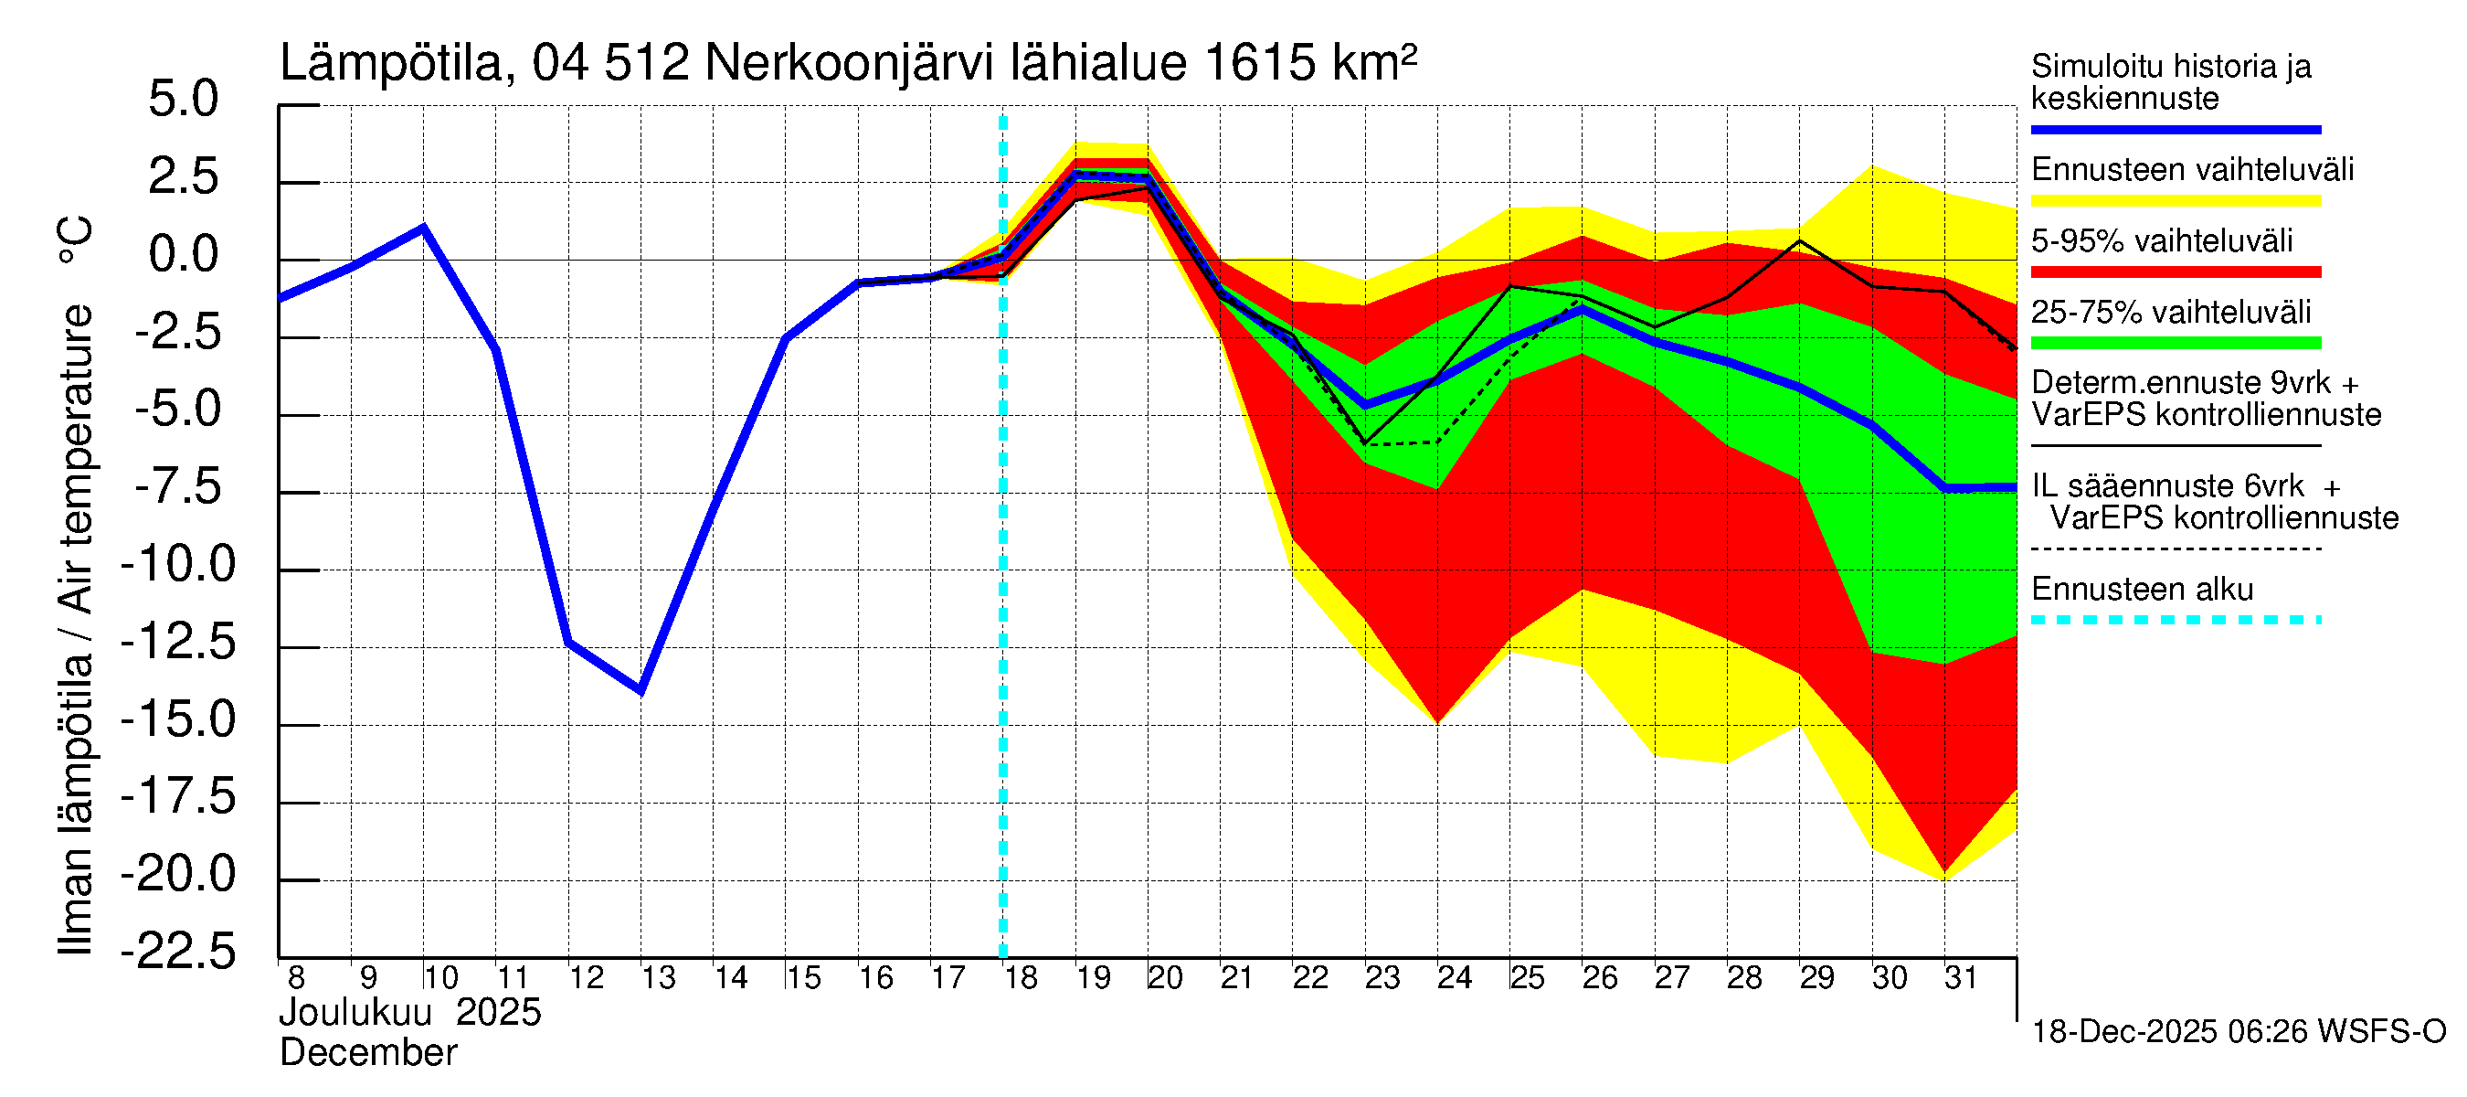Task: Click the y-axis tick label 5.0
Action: tap(183, 100)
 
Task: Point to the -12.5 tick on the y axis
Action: tap(178, 642)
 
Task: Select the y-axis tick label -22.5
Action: tap(178, 952)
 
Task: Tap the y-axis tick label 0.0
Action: tap(183, 255)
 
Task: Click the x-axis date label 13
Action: tap(658, 978)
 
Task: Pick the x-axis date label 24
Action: tap(1454, 978)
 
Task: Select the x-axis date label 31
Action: tap(1961, 978)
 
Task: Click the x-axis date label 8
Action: tap(296, 978)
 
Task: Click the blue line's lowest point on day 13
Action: tap(641, 690)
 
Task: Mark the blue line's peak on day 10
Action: tap(423, 227)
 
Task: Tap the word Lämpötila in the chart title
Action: tap(391, 63)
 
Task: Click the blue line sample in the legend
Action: tap(2175, 129)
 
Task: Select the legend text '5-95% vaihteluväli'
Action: tap(2162, 240)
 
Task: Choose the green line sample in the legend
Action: tap(2175, 343)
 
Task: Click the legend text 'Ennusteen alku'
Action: tap(2142, 590)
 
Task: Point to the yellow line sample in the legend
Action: tap(2175, 201)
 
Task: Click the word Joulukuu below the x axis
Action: tap(355, 1013)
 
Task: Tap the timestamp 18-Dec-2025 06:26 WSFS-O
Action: tap(2238, 1032)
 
